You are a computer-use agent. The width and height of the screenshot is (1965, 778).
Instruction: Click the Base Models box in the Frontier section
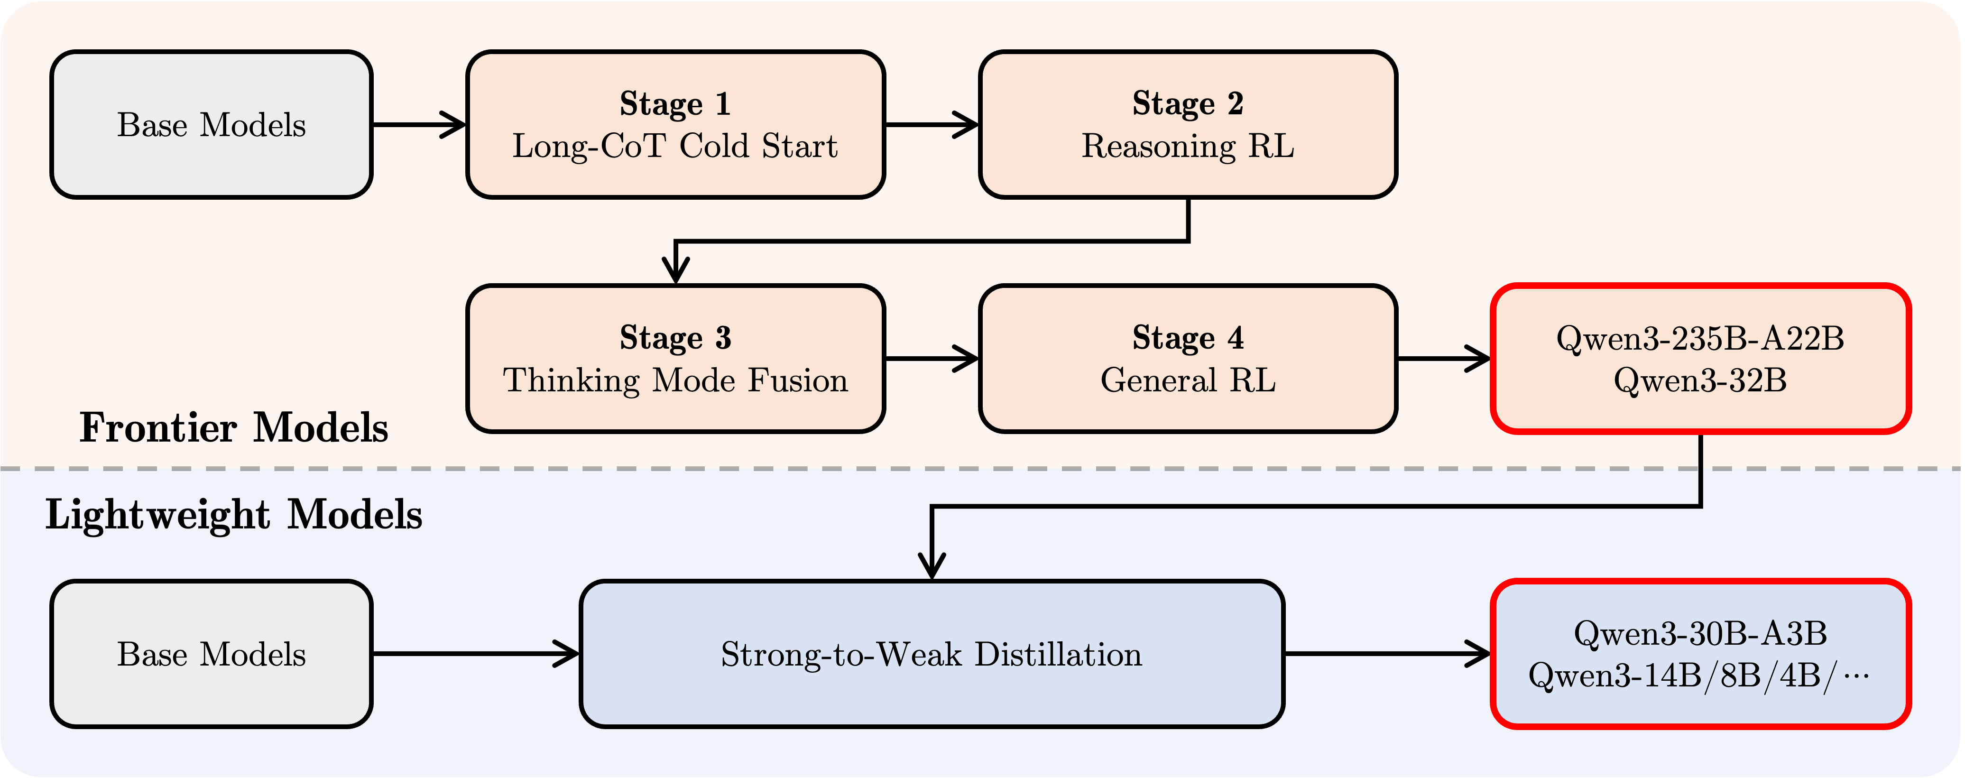pos(212,124)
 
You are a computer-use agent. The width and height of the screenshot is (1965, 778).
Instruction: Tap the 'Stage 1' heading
pos(675,104)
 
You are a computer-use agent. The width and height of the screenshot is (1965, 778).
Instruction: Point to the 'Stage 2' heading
pos(1188,104)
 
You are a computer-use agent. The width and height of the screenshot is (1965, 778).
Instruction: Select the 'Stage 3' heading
pos(675,338)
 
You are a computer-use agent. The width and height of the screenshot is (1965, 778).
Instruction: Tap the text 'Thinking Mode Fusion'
pos(675,380)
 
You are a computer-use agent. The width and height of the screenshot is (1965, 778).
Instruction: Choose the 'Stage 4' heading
pos(1188,338)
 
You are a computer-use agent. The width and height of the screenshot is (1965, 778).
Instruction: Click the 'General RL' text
pos(1188,380)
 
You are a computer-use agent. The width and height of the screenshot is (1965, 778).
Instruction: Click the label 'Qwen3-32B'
pos(1700,380)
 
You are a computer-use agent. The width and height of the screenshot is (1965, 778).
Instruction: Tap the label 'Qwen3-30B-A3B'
pos(1700,634)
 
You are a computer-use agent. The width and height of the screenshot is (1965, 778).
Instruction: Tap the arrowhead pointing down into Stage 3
pos(676,271)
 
